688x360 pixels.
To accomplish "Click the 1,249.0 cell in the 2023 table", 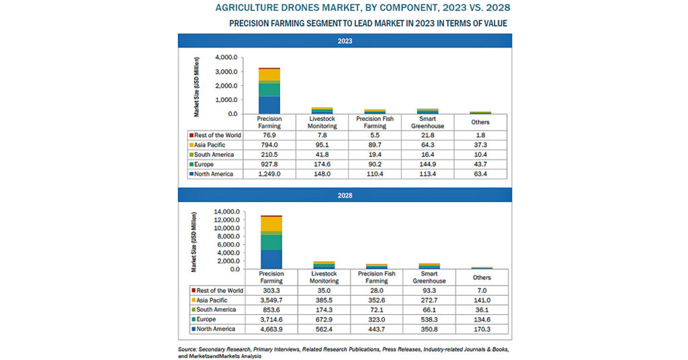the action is pyautogui.click(x=269, y=174).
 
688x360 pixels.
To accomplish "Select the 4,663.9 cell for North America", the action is pyautogui.click(x=271, y=329).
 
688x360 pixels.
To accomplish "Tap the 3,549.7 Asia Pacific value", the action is pyautogui.click(x=271, y=300).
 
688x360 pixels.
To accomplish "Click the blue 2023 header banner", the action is pyautogui.click(x=345, y=41).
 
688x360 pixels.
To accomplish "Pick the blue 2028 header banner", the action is pyautogui.click(x=345, y=195).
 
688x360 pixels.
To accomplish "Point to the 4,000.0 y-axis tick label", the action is pyautogui.click(x=226, y=58).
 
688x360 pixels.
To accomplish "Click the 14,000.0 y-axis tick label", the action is pyautogui.click(x=227, y=212).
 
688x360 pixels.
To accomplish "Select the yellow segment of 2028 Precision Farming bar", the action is pyautogui.click(x=271, y=224).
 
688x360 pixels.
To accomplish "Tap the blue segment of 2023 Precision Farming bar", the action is pyautogui.click(x=269, y=105).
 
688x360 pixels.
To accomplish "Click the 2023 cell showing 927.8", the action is pyautogui.click(x=269, y=165).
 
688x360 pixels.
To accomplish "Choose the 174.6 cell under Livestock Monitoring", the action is pyautogui.click(x=322, y=165).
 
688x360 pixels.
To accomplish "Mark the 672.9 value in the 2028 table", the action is pyautogui.click(x=324, y=320).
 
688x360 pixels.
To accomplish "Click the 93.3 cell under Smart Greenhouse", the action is pyautogui.click(x=429, y=291).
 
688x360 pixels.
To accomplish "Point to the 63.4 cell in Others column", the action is pyautogui.click(x=480, y=174).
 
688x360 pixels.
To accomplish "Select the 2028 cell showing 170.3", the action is pyautogui.click(x=482, y=329).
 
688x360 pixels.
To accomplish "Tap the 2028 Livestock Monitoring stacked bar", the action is pyautogui.click(x=324, y=265).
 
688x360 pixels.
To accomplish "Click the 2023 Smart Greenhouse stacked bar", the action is pyautogui.click(x=427, y=111).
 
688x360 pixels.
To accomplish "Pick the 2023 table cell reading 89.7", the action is pyautogui.click(x=375, y=145).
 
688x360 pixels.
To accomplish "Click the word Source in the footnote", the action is pyautogui.click(x=187, y=349).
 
